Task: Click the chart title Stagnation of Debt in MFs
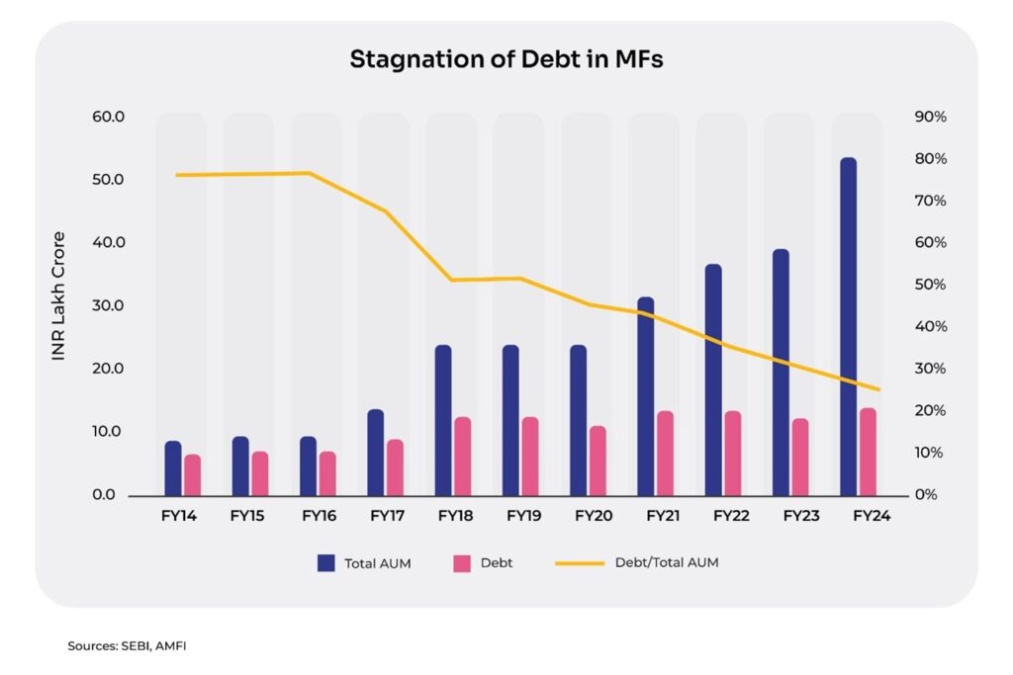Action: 506,59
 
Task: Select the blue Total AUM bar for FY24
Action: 848,326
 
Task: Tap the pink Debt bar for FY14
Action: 192,474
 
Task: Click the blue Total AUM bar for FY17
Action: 375,452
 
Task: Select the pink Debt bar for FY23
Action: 799,457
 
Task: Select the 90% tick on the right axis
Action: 931,117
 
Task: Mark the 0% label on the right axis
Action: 927,494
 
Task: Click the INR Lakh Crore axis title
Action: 58,295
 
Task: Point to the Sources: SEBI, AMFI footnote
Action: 127,646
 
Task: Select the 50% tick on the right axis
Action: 931,285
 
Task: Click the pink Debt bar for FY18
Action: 462,456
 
